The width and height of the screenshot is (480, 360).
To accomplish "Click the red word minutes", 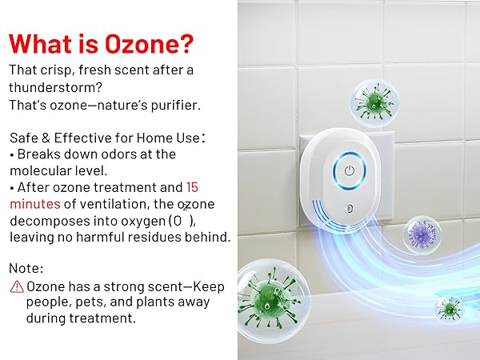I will (34, 204).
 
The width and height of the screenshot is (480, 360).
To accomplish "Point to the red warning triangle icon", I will (16, 286).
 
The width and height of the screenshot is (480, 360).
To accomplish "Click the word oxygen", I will (145, 221).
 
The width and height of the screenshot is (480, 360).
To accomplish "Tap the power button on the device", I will (349, 170).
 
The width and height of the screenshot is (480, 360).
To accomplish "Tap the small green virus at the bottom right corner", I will (450, 307).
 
